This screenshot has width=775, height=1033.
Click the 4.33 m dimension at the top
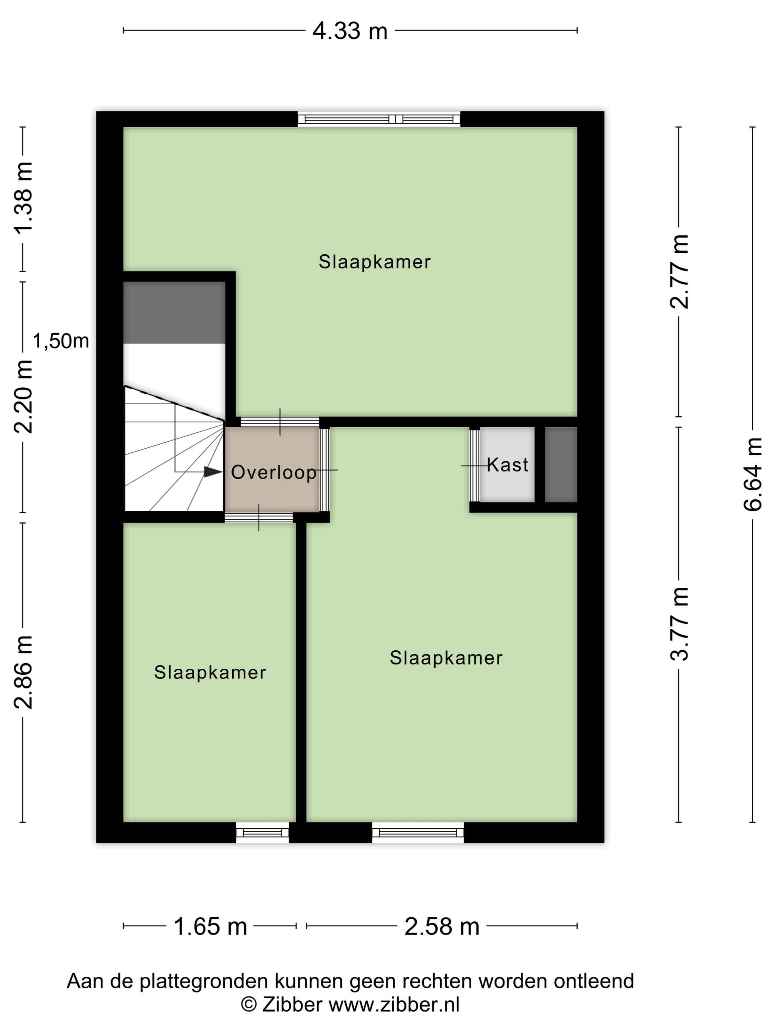click(350, 31)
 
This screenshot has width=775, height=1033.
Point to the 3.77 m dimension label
click(679, 623)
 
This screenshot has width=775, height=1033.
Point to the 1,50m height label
click(61, 341)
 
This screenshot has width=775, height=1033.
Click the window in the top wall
click(379, 119)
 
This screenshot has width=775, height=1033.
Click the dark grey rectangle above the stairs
click(174, 312)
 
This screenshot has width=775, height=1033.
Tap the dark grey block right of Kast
click(561, 464)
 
